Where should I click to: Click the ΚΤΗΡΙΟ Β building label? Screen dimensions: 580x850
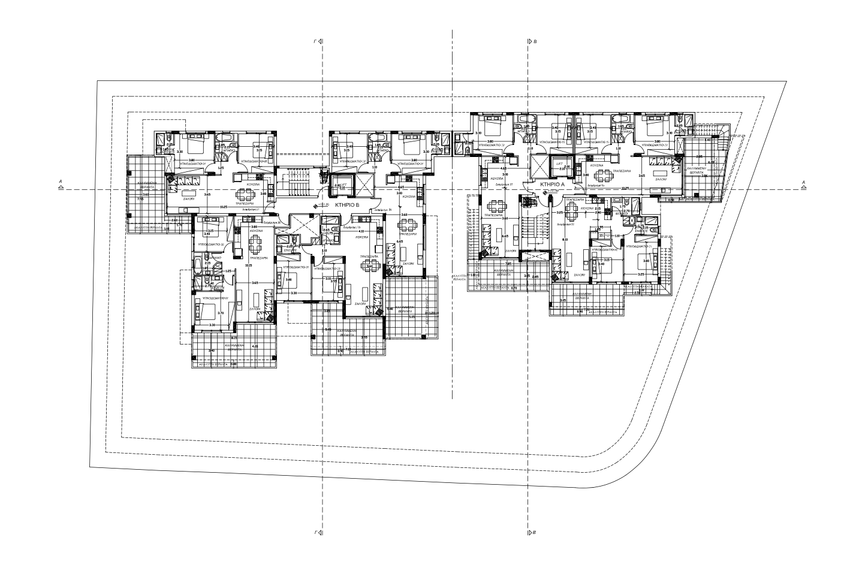(348, 205)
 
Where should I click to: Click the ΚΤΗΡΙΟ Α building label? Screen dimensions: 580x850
(553, 185)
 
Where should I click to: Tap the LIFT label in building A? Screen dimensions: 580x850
(559, 164)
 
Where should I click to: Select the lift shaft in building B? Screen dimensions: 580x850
(344, 185)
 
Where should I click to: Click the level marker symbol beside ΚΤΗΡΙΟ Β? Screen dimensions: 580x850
(317, 206)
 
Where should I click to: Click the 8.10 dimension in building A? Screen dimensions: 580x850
(565, 240)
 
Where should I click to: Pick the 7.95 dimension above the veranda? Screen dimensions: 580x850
(508, 264)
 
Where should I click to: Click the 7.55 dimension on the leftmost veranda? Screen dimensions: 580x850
(140, 198)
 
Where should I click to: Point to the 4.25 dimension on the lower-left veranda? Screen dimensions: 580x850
(255, 346)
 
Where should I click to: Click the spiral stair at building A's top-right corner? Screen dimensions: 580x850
(722, 135)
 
